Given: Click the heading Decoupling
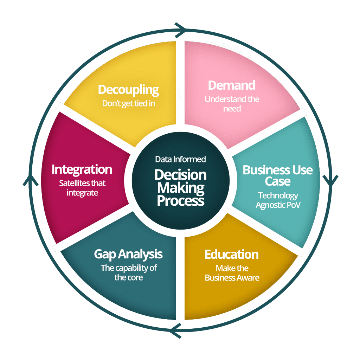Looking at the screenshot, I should (128, 90).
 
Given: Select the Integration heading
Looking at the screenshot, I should (82, 169).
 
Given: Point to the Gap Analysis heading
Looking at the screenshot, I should (128, 254).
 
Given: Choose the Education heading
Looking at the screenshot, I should (232, 254).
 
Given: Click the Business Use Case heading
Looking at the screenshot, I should (278, 175).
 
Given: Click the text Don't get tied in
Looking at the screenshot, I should (128, 104).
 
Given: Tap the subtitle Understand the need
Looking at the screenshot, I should (232, 104).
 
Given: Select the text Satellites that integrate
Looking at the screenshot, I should (82, 188).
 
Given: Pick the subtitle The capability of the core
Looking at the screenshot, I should (129, 272).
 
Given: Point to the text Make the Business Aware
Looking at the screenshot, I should (232, 273).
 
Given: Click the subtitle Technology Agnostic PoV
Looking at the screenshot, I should (278, 200).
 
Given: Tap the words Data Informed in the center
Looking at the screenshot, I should (180, 159).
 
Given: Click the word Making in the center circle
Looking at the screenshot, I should (180, 188).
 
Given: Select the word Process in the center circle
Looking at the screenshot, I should (180, 201).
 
